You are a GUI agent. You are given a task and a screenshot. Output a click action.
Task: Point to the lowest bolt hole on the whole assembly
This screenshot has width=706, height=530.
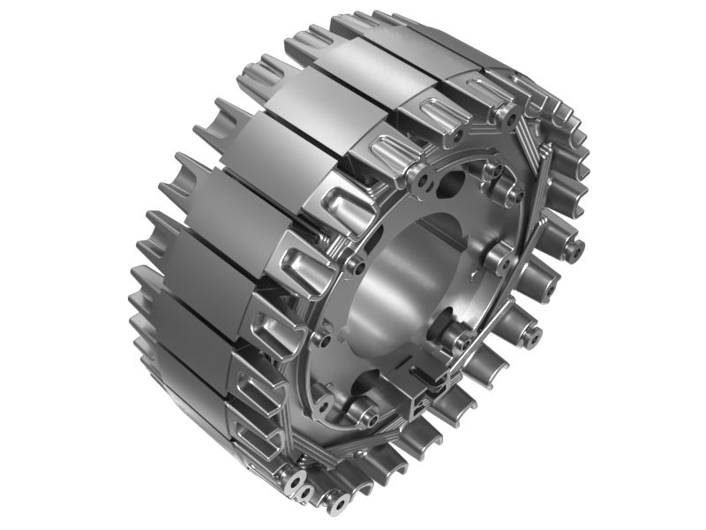pyautogui.click(x=338, y=506)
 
